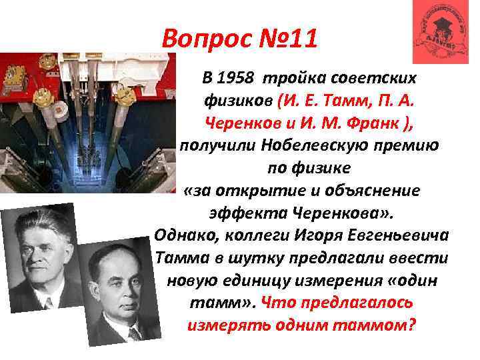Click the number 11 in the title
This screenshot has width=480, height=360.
coord(298,39)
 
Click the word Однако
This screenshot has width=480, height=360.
coord(183,236)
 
